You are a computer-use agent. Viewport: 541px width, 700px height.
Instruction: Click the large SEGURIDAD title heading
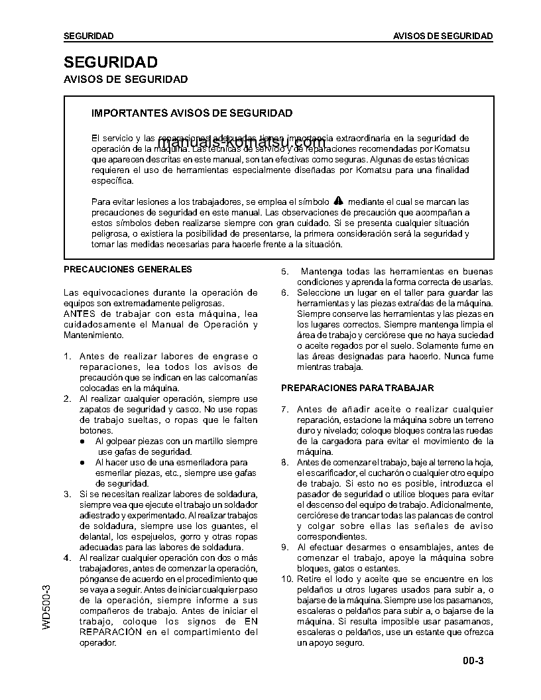[110, 62]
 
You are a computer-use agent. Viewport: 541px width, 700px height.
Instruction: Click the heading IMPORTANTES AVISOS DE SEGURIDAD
[192, 113]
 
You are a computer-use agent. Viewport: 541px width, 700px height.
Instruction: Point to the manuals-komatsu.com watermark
[242, 143]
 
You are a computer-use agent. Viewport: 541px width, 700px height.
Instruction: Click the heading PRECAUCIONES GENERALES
[127, 269]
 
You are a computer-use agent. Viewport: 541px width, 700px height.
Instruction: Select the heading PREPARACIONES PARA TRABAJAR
[357, 387]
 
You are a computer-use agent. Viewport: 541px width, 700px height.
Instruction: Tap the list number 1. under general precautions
[67, 357]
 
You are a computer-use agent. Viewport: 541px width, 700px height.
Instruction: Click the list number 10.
[286, 579]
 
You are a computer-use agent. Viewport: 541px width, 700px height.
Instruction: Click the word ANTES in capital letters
[78, 314]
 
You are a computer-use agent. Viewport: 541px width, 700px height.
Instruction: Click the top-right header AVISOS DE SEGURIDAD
[443, 36]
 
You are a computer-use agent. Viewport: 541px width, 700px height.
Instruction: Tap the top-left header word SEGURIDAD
[88, 36]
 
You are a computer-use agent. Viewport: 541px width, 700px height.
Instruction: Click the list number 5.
[284, 272]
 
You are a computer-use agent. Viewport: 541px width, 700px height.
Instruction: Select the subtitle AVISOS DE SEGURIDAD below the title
[125, 80]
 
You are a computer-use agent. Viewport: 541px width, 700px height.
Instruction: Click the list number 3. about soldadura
[67, 495]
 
